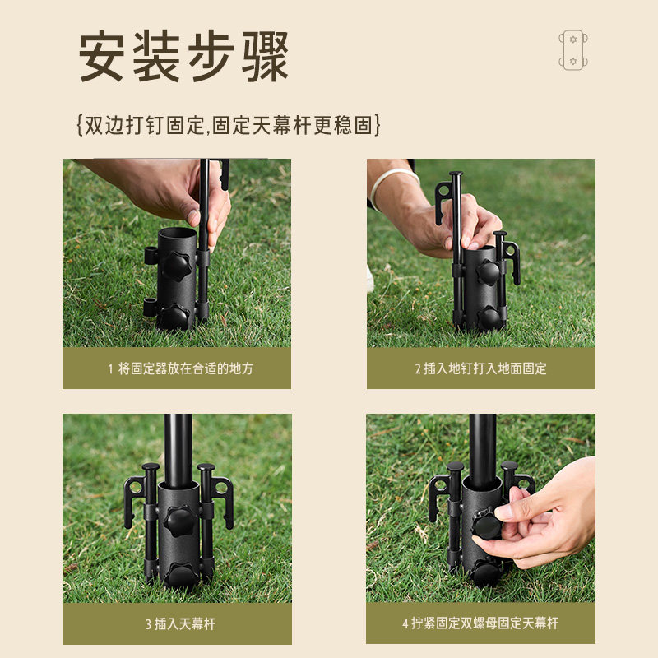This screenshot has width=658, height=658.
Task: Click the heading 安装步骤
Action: pos(184,56)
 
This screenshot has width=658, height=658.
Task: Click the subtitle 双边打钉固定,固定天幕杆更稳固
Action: pos(228,125)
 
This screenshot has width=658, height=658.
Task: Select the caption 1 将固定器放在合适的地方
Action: pos(177,368)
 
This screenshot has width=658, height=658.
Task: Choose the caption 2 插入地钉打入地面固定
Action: pos(480,368)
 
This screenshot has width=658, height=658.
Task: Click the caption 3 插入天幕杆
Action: pos(177,623)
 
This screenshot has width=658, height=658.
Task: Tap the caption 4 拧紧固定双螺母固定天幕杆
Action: pos(480,623)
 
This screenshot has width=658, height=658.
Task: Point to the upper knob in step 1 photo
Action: pos(175,266)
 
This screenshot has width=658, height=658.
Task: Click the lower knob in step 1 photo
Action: pos(174,316)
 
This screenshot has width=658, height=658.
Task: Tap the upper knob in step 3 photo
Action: pos(178,519)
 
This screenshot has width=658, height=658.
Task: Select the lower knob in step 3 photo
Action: pos(180,573)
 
